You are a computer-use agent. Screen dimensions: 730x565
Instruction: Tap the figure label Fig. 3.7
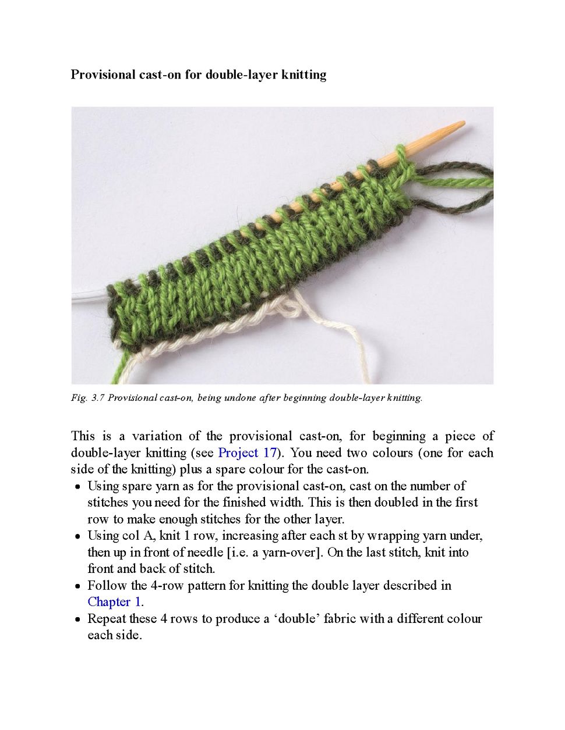87,398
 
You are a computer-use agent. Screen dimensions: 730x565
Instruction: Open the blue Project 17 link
247,453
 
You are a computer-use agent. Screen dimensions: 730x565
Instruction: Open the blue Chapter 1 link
115,601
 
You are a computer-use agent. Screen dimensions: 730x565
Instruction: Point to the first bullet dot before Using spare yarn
77,487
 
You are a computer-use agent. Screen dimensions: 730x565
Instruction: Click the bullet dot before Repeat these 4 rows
77,619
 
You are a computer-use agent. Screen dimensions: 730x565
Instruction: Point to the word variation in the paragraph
165,436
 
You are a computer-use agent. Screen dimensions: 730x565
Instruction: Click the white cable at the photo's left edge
87,294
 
